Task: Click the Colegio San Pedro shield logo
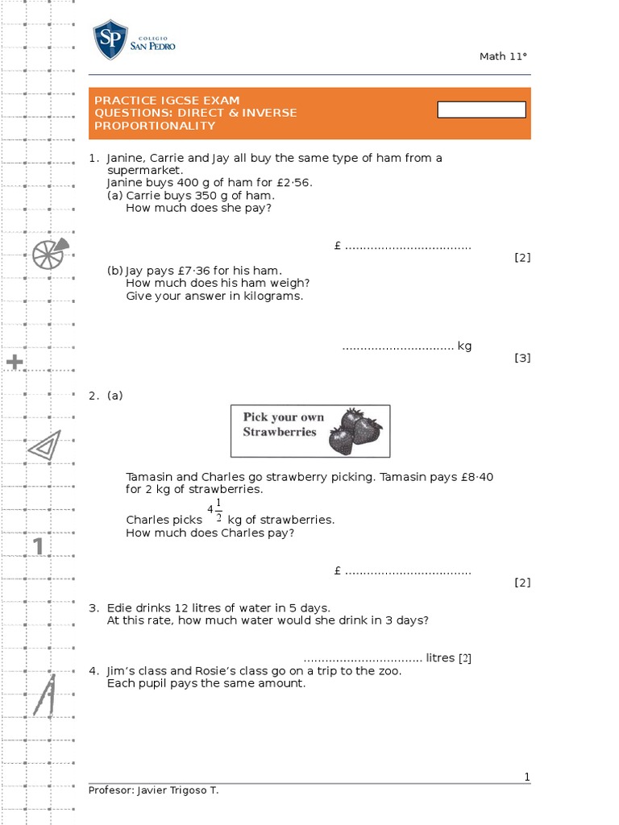point(110,40)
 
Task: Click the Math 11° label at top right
point(503,56)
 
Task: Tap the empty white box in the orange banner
point(481,110)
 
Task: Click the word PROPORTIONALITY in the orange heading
point(155,126)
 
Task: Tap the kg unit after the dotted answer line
point(464,346)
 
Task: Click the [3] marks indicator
point(522,358)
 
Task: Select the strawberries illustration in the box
point(355,430)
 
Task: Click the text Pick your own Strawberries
point(283,424)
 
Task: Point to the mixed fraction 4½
point(214,511)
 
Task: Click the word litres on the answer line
point(440,657)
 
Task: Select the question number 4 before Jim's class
point(93,670)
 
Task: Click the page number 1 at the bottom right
point(527,777)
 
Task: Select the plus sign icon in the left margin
point(15,363)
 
